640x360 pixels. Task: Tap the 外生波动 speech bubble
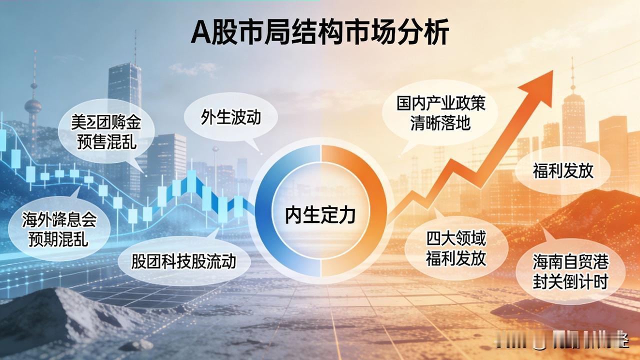point(231,117)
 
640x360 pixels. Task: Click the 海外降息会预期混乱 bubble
point(59,229)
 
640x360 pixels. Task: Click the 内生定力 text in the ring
point(320,214)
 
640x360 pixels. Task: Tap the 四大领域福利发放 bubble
point(455,248)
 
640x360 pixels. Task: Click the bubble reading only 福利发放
point(562,171)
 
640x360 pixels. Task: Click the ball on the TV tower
point(33,105)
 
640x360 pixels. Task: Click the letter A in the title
point(200,34)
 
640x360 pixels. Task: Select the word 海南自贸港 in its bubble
point(570,261)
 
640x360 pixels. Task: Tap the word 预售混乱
point(106,143)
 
